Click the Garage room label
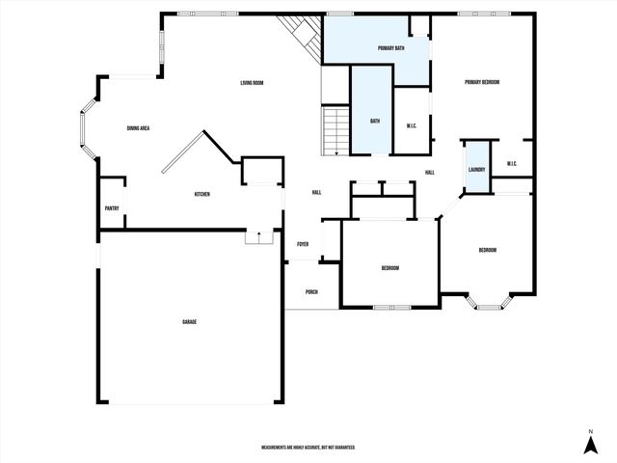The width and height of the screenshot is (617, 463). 190,321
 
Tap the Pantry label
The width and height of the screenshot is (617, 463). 112,208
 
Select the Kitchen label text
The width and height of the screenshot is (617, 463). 202,194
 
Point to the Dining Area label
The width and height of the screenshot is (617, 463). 138,128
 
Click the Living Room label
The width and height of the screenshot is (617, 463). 253,83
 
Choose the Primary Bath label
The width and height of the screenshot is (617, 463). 390,47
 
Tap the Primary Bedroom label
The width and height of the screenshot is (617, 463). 481,83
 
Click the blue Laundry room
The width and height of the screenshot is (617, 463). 476,164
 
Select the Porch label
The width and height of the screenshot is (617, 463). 311,292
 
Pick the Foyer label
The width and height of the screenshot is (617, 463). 303,244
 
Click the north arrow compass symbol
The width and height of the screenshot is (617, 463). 590,443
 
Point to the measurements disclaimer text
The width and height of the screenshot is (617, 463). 308,448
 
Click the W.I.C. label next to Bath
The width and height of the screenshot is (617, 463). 411,124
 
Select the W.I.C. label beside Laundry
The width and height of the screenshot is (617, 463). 513,164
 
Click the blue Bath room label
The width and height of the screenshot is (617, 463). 376,122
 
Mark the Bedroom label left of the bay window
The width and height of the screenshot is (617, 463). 488,251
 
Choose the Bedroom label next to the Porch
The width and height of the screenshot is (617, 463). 389,268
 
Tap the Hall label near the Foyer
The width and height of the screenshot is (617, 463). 316,192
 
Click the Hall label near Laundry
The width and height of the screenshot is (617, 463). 430,173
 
